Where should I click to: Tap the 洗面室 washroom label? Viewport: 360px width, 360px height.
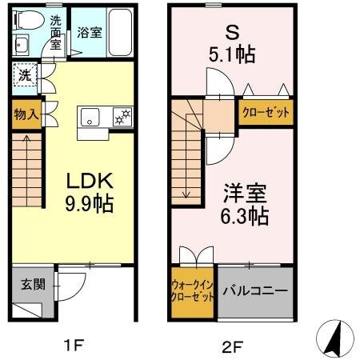click(55, 33)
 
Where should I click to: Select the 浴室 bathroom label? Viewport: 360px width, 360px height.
click(90, 33)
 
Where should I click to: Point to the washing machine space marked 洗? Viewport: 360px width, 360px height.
click(24, 77)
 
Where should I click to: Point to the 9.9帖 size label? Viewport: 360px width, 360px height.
click(88, 205)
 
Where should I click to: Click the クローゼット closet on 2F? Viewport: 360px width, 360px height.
click(266, 112)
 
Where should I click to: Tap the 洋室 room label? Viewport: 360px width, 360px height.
click(245, 193)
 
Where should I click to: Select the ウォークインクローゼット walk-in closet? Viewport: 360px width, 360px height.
click(192, 292)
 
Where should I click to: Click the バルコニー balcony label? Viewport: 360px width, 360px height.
click(255, 291)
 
